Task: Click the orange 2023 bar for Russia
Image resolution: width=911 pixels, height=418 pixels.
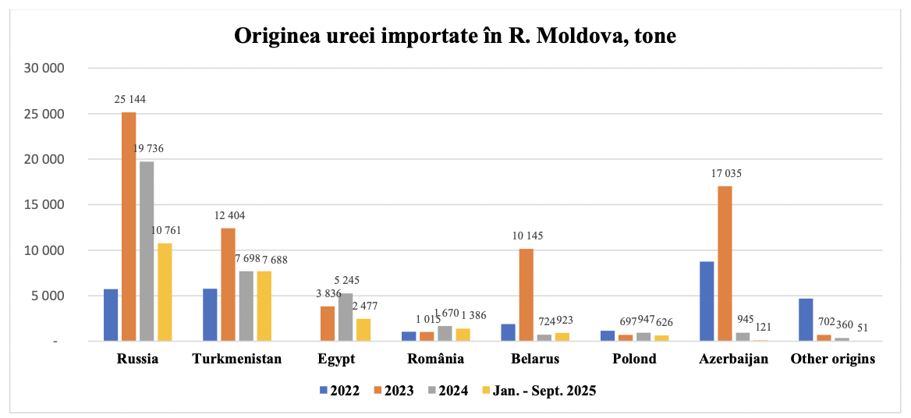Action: pyautogui.click(x=129, y=226)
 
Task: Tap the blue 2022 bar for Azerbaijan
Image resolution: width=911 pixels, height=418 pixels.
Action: pyautogui.click(x=707, y=301)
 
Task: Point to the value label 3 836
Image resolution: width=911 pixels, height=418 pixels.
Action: pyautogui.click(x=327, y=293)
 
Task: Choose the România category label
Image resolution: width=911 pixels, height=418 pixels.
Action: pyautogui.click(x=437, y=360)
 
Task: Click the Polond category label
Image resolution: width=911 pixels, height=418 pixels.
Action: pyautogui.click(x=633, y=360)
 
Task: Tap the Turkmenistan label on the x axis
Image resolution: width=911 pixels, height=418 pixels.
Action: pyautogui.click(x=236, y=360)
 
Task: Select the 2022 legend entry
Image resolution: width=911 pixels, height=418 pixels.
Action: pyautogui.click(x=339, y=391)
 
